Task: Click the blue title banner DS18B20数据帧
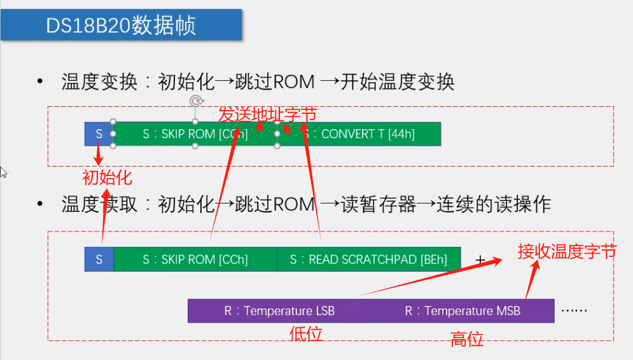tap(121, 25)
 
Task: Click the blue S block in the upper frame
tap(99, 134)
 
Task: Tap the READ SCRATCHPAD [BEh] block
tap(368, 260)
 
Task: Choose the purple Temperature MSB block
tap(463, 311)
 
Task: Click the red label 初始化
tap(108, 176)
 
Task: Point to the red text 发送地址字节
tap(267, 114)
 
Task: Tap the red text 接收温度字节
tap(566, 251)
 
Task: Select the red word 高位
tap(467, 339)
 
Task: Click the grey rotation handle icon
tap(197, 101)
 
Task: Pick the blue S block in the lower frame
tap(99, 260)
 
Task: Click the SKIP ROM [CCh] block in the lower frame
tap(195, 260)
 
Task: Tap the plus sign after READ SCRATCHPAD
tap(481, 260)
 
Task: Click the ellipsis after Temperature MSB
tap(574, 311)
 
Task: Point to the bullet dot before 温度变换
tap(41, 82)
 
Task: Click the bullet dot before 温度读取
tap(41, 204)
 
